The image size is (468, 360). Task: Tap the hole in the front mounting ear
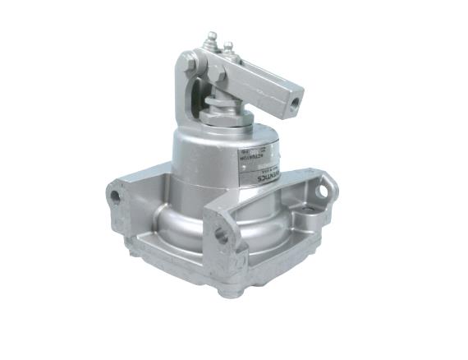point(222,234)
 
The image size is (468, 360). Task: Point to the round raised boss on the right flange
point(311,221)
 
